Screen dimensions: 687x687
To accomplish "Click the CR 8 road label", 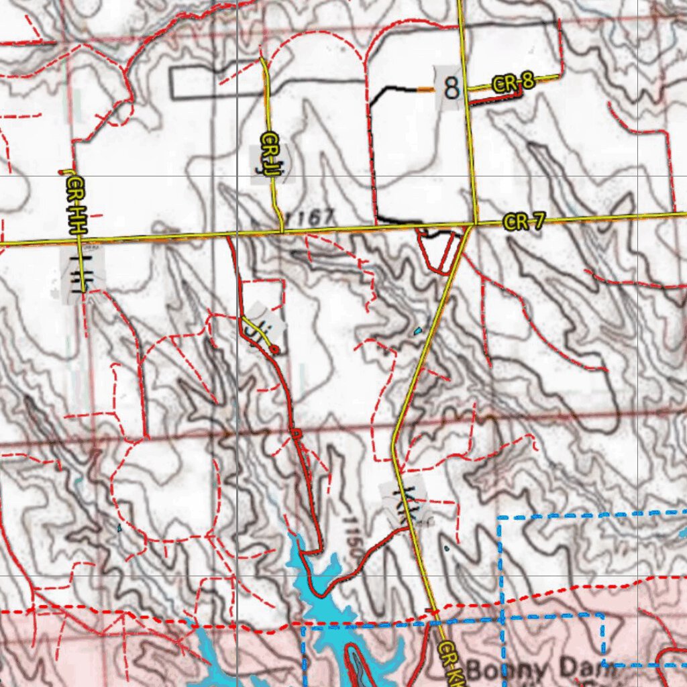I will tap(513, 83).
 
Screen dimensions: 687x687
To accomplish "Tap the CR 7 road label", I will tap(525, 222).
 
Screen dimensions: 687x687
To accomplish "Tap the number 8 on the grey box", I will tap(452, 88).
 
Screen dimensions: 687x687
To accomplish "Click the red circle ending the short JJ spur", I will tap(274, 349).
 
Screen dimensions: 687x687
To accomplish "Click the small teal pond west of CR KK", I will tap(419, 331).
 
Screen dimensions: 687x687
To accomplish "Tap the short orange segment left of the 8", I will tap(425, 89).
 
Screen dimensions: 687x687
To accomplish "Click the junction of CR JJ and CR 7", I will tap(282, 231).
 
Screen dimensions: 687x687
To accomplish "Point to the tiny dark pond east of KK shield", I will tap(447, 549).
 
